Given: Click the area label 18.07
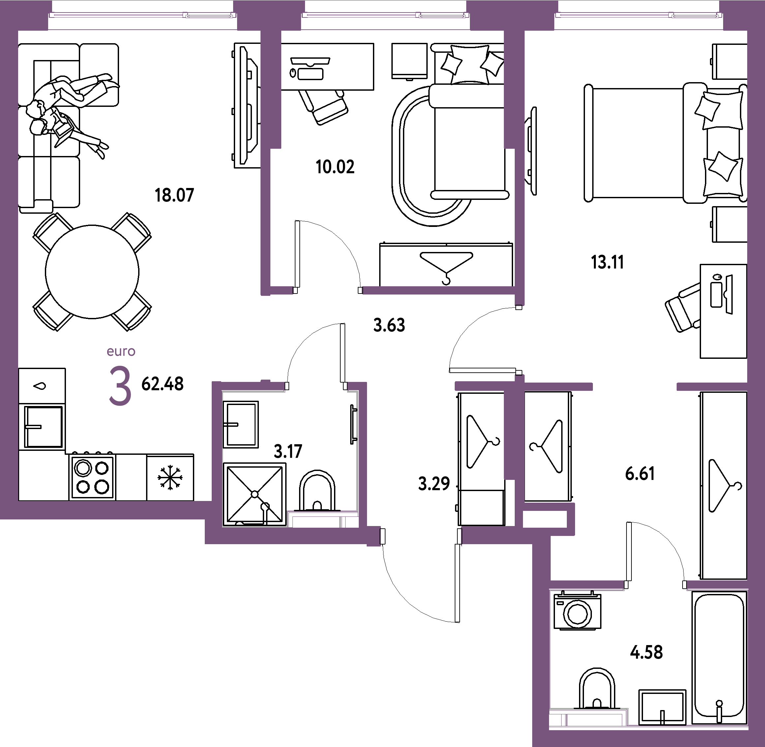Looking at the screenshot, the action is click(x=174, y=195).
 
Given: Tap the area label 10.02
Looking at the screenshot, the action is click(x=335, y=167).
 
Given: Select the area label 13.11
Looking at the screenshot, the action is click(x=607, y=262).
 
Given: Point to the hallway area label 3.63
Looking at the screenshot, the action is click(x=389, y=325).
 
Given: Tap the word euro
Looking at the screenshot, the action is click(x=121, y=351).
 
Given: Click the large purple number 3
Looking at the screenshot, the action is click(x=120, y=385).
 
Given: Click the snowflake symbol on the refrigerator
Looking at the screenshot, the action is click(x=170, y=478).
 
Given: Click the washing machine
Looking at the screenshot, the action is click(x=577, y=610).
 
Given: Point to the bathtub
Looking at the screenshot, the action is click(x=719, y=657).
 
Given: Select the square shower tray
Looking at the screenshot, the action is click(x=255, y=494).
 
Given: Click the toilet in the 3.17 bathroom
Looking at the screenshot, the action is click(x=317, y=491).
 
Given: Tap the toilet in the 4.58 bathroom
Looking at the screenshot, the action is click(x=597, y=689).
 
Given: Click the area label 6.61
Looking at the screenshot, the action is click(x=640, y=474).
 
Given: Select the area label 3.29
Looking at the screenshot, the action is click(x=434, y=484).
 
